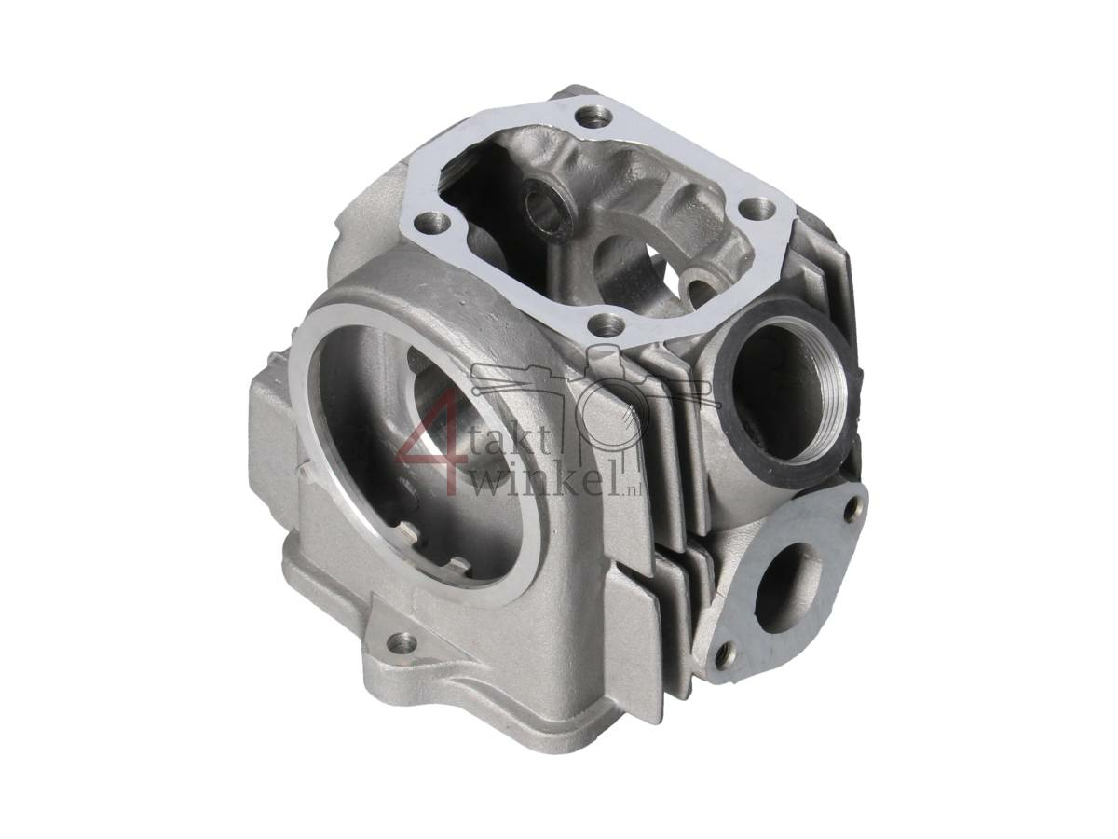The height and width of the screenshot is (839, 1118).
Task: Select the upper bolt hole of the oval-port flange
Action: (x=851, y=508)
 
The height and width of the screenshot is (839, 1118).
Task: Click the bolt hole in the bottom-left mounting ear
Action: (x=402, y=641)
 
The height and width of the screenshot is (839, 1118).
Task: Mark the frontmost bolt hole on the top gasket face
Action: (x=607, y=326)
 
